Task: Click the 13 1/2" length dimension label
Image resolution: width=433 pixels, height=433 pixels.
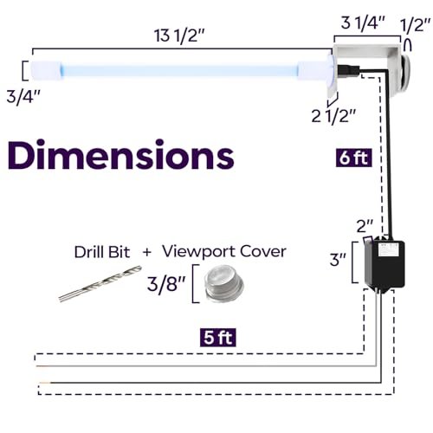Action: tap(179, 36)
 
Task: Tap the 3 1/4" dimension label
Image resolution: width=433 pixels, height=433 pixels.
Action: tap(363, 23)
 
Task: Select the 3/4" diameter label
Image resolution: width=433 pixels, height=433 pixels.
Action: tap(23, 97)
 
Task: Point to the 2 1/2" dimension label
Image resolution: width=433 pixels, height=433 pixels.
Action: tap(334, 116)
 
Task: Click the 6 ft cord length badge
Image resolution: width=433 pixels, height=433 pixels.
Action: tap(353, 158)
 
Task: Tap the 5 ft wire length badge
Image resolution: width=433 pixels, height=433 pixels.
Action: tap(218, 338)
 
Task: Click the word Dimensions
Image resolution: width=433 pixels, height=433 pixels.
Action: tap(120, 155)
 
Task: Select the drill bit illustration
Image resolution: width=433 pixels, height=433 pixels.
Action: tap(100, 284)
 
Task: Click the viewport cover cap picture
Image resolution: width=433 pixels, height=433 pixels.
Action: tap(223, 283)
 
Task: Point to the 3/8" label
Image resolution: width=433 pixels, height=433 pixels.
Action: tap(165, 284)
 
